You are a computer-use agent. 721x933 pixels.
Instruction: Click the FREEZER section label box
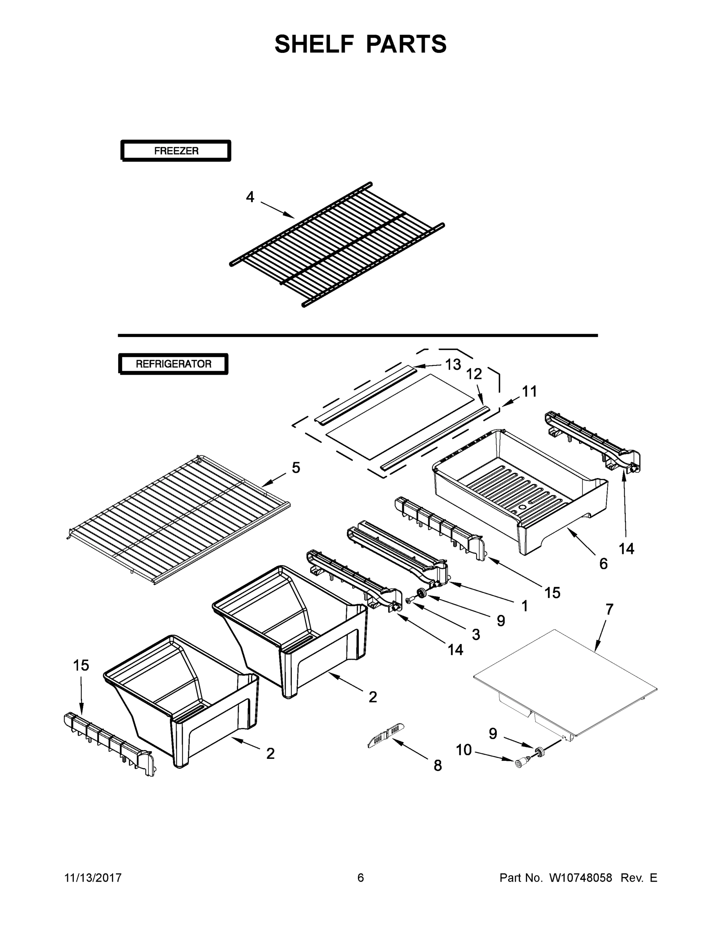pyautogui.click(x=176, y=151)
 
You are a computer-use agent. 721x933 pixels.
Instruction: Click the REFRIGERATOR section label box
pyautogui.click(x=173, y=364)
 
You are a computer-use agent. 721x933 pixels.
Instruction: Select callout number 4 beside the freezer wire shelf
pyautogui.click(x=250, y=197)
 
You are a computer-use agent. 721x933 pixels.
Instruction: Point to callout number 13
pyautogui.click(x=453, y=364)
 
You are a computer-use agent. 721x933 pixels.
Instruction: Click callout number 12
pyautogui.click(x=474, y=374)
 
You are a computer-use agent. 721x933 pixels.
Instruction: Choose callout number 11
pyautogui.click(x=529, y=391)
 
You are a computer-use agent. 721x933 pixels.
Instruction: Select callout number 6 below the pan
pyautogui.click(x=603, y=564)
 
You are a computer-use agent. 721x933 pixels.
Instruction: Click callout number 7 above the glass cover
pyautogui.click(x=609, y=609)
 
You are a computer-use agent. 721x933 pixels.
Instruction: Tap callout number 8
pyautogui.click(x=437, y=765)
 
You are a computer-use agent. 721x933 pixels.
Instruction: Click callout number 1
pyautogui.click(x=524, y=605)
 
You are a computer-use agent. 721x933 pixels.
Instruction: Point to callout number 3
pyautogui.click(x=476, y=634)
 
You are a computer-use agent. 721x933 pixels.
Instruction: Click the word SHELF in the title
pyautogui.click(x=315, y=44)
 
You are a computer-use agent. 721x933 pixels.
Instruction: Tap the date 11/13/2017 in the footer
pyautogui.click(x=93, y=878)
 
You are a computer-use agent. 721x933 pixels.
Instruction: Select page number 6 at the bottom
pyautogui.click(x=361, y=878)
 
